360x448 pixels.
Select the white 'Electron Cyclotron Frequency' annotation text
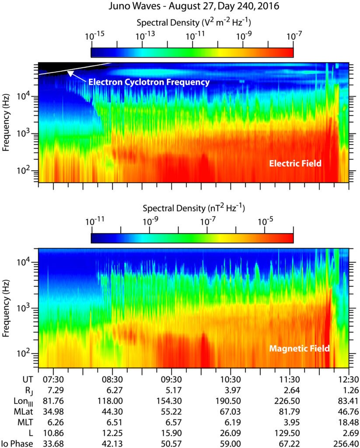[149, 82]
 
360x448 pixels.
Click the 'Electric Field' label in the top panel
[295, 163]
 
